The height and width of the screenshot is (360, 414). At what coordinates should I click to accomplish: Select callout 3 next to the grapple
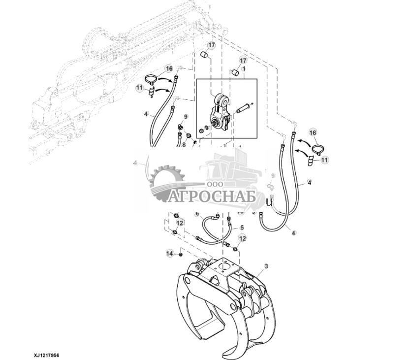click(266, 266)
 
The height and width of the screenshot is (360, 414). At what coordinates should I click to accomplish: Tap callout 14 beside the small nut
click(170, 253)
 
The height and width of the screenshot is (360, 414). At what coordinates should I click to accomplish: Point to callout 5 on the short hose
click(242, 228)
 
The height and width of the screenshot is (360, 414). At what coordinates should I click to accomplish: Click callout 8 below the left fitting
click(184, 145)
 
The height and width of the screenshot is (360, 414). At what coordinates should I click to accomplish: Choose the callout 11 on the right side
click(324, 160)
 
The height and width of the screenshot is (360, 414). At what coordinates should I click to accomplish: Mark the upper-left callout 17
click(211, 45)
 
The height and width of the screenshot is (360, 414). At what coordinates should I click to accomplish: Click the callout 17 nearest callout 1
click(243, 60)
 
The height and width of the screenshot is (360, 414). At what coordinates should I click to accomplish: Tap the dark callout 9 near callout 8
click(186, 116)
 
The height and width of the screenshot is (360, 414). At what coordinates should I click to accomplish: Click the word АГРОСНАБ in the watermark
click(215, 197)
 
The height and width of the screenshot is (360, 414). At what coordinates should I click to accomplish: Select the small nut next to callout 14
click(181, 255)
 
